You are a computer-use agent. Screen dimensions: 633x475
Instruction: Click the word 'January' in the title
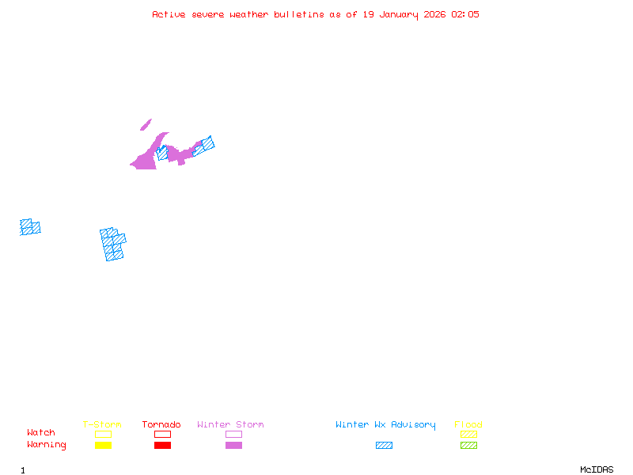pos(399,15)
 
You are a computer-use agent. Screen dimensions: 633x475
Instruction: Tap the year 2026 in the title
pos(434,14)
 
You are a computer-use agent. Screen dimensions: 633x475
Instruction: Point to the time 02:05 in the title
pos(465,14)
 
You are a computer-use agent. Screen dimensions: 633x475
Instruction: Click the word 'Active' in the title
pos(169,14)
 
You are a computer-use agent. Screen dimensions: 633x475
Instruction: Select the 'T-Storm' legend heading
pos(102,424)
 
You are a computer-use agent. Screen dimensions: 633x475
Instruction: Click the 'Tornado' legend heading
pos(161,424)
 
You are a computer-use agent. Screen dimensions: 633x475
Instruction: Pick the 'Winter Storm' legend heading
pos(230,424)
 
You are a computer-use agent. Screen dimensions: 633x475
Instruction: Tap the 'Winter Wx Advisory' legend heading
pos(385,425)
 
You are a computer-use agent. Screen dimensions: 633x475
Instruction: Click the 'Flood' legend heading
pos(468,424)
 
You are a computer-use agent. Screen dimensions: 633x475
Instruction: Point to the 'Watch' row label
pos(41,432)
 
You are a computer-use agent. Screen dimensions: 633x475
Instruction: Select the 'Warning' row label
pos(47,445)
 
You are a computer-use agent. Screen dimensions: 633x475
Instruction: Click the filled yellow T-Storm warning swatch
pos(104,445)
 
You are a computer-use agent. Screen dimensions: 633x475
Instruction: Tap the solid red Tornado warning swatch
pos(163,445)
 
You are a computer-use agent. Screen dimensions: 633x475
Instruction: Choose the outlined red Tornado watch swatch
pos(163,434)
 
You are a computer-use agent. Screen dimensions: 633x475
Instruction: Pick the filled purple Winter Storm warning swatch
pos(233,445)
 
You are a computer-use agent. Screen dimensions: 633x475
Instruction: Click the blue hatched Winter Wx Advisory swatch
pos(384,445)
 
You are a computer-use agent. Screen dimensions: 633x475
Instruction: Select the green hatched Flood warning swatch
pos(468,445)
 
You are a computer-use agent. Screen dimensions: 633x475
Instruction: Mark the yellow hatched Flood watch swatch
pos(468,434)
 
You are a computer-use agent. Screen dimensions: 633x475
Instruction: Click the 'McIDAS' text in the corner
pos(597,469)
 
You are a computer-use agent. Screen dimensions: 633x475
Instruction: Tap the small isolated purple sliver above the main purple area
pos(146,125)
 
